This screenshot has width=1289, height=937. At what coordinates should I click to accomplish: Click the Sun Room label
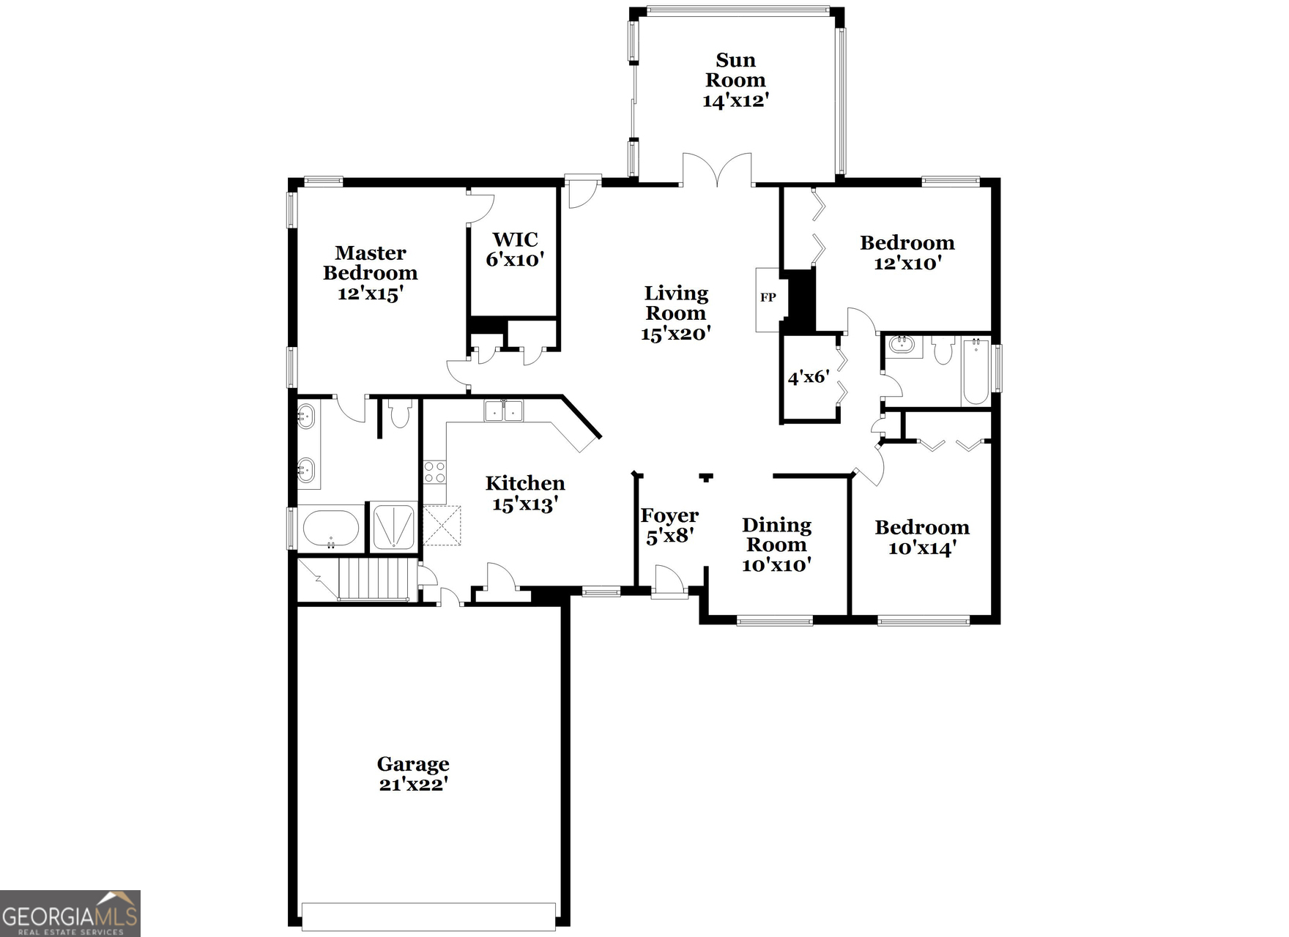pos(735,70)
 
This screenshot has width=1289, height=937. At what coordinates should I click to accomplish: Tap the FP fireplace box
pos(768,298)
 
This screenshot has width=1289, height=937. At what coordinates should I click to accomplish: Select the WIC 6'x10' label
pos(515,250)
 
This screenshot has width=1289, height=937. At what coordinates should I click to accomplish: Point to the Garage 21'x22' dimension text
pos(413,785)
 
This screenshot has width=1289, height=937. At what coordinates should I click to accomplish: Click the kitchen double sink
pos(504,411)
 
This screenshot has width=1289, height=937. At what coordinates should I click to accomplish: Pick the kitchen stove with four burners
pos(434,472)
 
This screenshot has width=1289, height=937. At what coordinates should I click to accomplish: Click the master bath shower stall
pos(394,526)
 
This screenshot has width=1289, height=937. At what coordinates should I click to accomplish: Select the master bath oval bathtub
pos(331,528)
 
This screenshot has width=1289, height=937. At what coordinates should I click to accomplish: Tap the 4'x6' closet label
pos(808,378)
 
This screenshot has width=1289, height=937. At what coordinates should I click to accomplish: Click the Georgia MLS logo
pos(70,914)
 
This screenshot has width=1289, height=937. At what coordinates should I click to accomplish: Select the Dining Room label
pos(776,534)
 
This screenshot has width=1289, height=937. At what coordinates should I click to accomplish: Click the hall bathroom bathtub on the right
pos(976,372)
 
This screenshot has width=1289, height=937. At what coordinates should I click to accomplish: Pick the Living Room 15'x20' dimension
pos(675,334)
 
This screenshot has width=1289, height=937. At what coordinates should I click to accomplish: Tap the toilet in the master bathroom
pos(399,414)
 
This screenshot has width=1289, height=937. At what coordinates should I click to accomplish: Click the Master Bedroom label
pos(370,263)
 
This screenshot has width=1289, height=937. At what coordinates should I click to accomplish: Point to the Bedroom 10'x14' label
pos(921,537)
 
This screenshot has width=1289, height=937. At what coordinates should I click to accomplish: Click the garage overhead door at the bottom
pos(428,917)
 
